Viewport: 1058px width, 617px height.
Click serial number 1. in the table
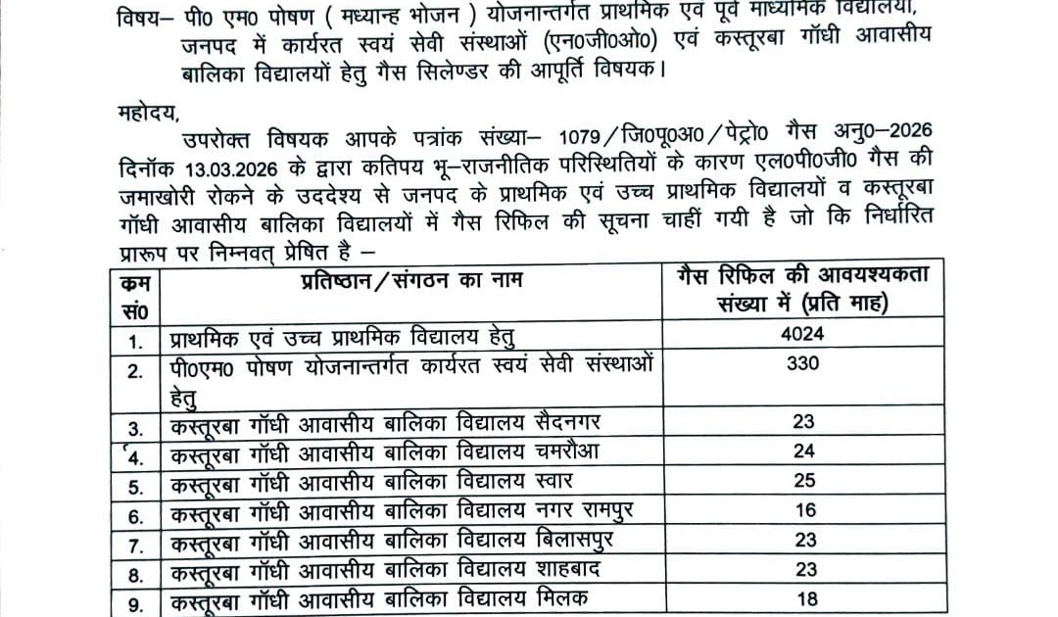pyautogui.click(x=137, y=342)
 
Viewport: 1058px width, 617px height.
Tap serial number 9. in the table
pyautogui.click(x=136, y=600)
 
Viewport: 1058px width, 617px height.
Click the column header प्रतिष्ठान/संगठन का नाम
pyautogui.click(x=411, y=279)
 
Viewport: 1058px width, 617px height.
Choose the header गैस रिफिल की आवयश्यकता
pyautogui.click(x=802, y=274)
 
